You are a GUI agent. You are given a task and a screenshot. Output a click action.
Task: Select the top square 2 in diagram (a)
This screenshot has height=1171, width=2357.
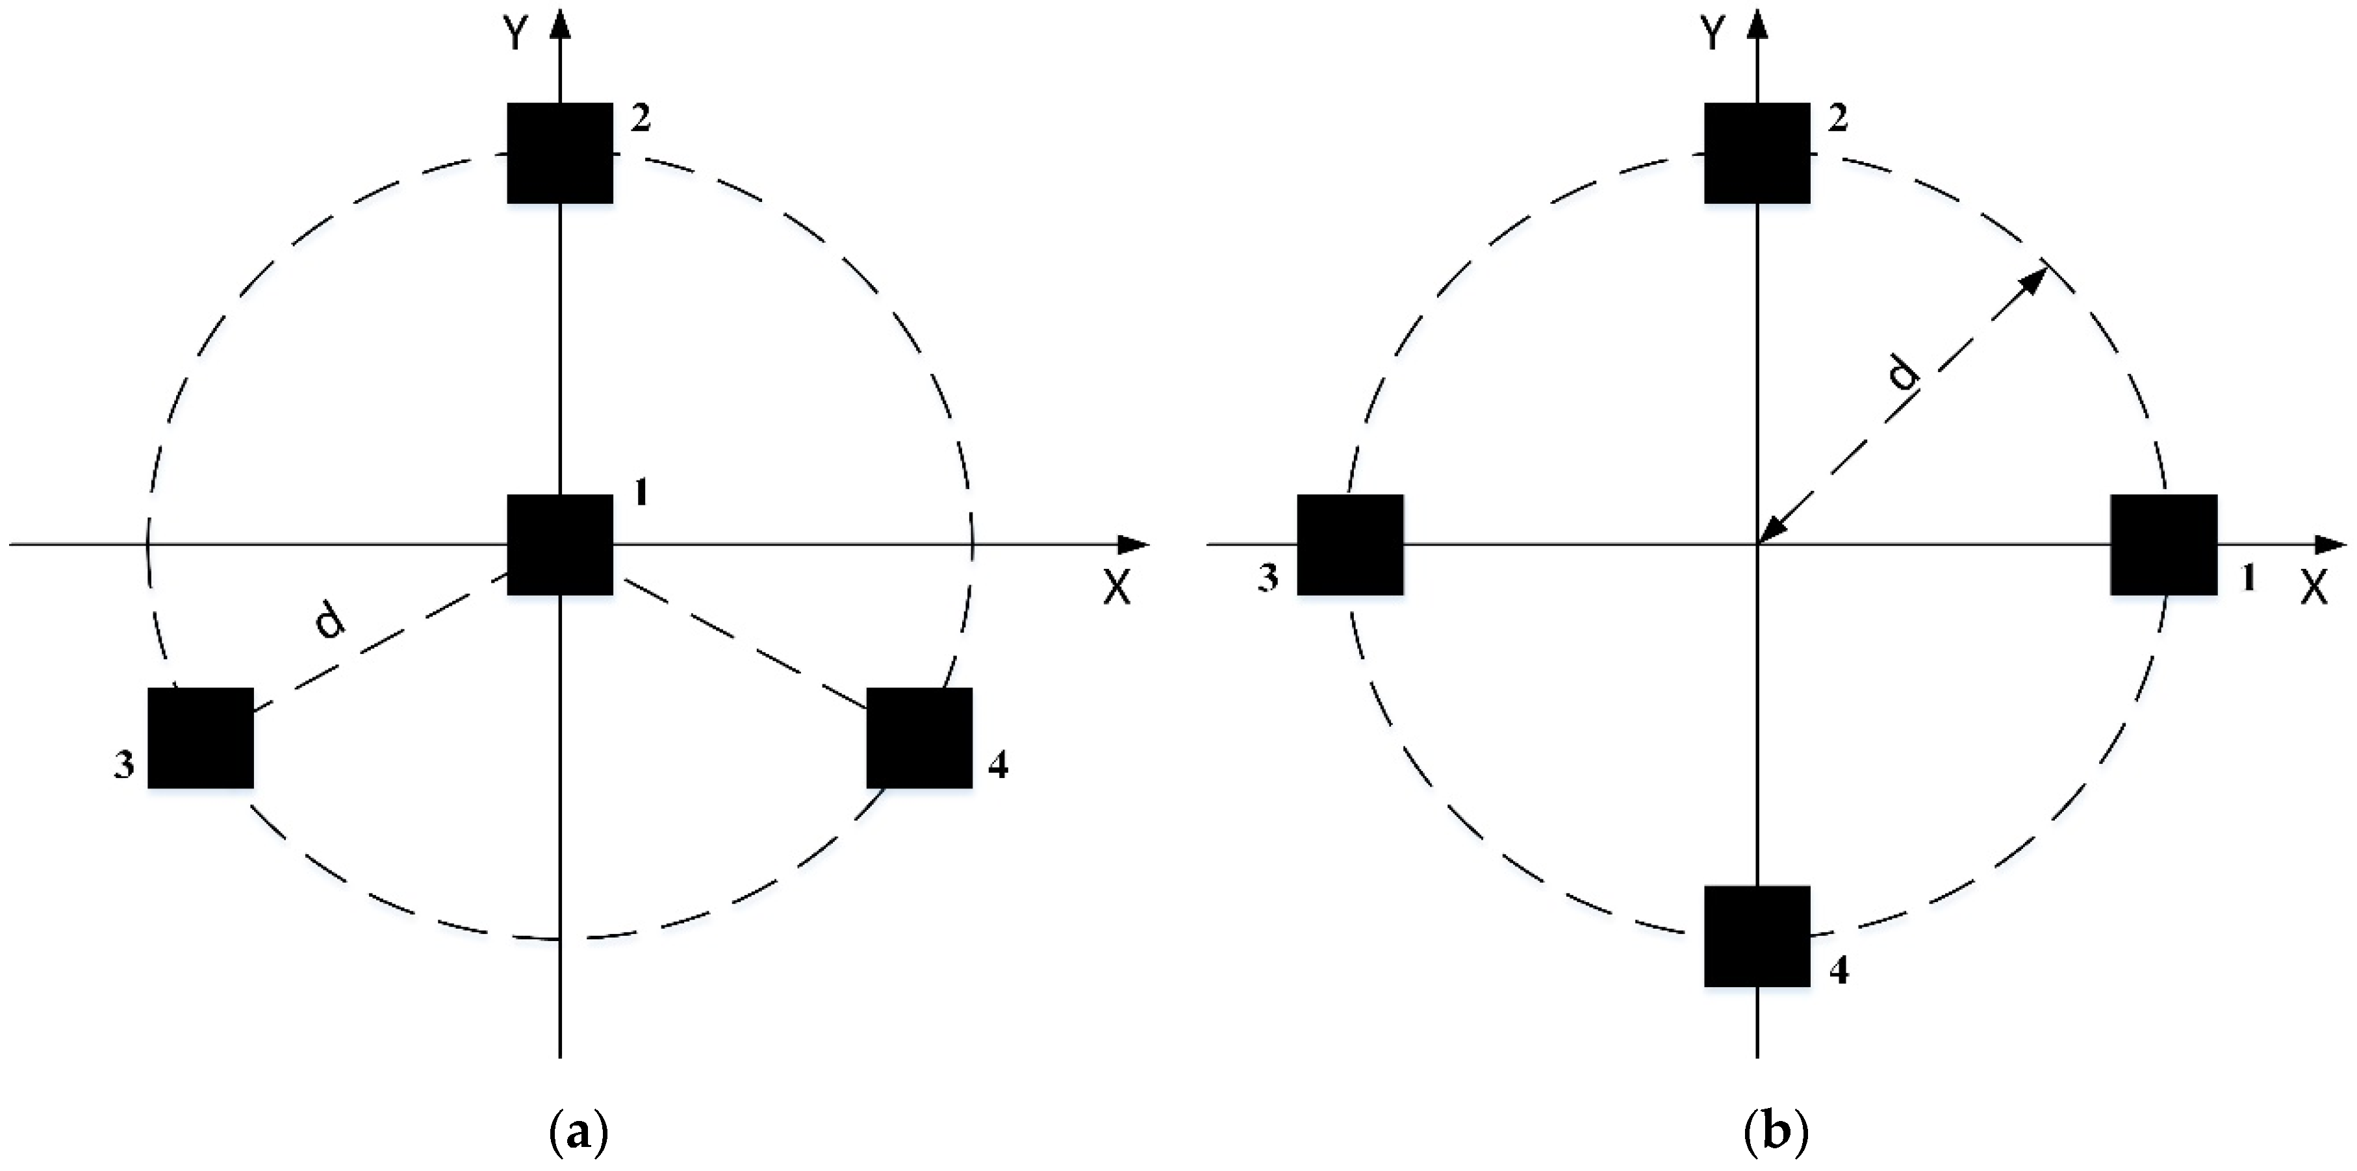tap(560, 153)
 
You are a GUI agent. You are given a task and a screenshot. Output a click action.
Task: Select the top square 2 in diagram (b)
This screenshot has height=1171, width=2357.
tap(1757, 153)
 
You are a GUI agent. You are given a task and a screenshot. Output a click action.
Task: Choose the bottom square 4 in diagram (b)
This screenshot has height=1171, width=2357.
tap(1757, 936)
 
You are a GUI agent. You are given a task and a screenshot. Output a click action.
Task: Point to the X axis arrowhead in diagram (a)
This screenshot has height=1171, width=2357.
tap(1134, 546)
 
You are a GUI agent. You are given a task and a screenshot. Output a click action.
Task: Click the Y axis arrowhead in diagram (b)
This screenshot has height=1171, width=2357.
tap(1757, 20)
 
